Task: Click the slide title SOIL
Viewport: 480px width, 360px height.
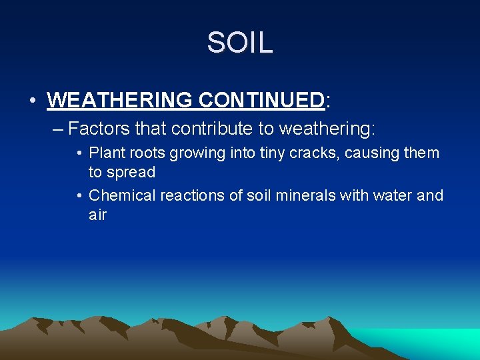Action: [240, 43]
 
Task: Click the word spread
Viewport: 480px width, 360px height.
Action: [131, 172]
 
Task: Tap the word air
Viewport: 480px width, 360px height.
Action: [97, 215]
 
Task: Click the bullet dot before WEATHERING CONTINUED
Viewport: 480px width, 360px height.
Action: [33, 101]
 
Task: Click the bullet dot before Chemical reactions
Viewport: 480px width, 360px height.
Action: [79, 195]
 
